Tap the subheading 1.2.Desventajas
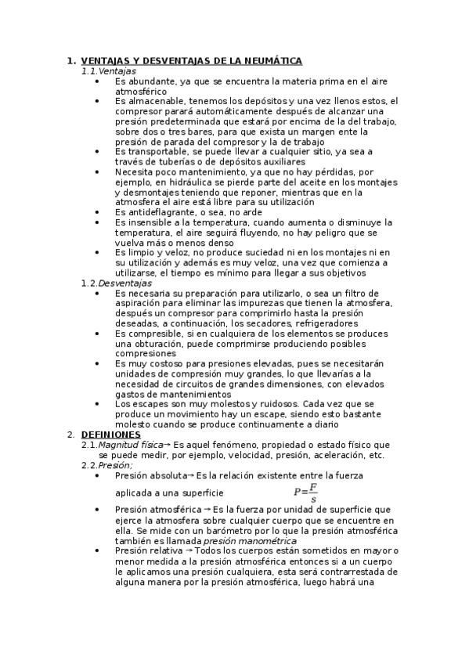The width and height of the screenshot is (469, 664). click(117, 283)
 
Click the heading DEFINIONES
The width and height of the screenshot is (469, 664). click(110, 435)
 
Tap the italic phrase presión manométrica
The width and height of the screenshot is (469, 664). click(240, 540)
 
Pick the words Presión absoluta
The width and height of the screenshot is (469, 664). click(150, 475)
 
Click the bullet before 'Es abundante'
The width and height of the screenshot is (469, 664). click(96, 81)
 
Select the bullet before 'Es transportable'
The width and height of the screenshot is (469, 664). click(96, 151)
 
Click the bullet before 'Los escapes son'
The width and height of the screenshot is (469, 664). click(96, 404)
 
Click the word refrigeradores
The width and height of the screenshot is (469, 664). click(330, 323)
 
